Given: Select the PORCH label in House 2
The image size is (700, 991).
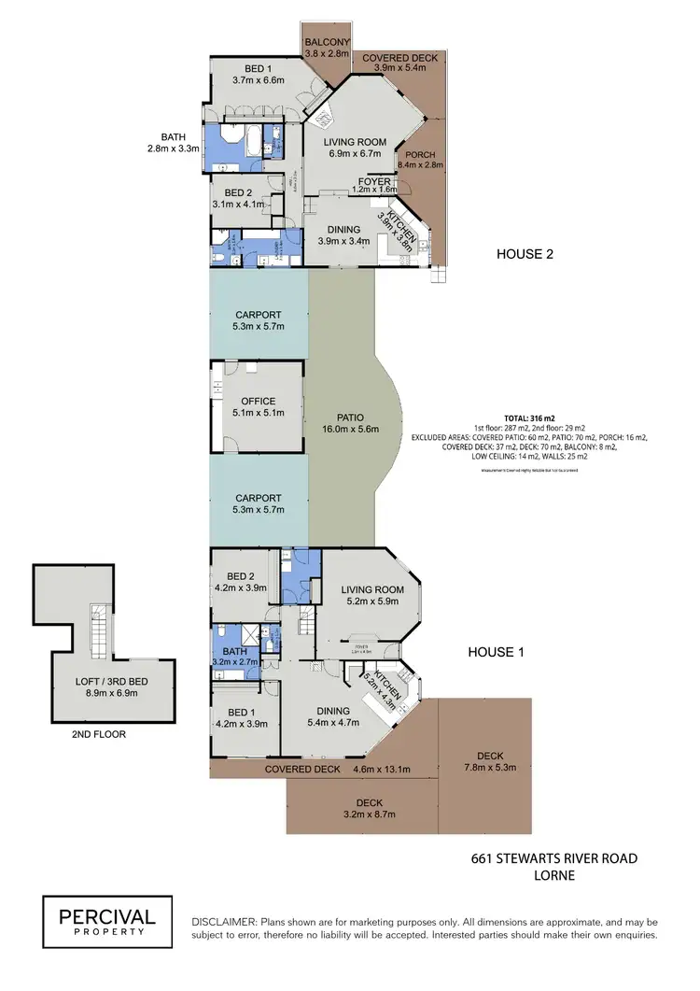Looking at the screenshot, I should click(x=420, y=158).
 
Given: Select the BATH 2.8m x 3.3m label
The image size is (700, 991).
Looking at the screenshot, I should click(x=175, y=141).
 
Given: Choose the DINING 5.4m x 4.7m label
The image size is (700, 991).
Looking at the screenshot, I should click(x=332, y=715).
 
